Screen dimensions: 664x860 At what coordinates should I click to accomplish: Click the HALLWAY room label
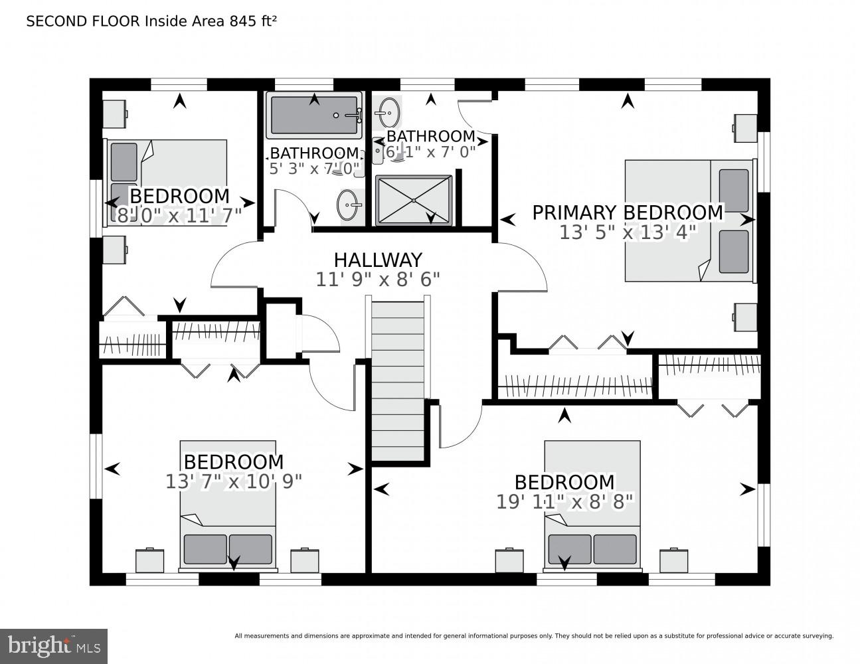(378, 260)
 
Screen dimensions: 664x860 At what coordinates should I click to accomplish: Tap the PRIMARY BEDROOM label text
(627, 212)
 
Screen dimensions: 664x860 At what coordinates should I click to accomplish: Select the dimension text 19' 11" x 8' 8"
(564, 501)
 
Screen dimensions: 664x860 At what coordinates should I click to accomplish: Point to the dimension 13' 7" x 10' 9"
(234, 481)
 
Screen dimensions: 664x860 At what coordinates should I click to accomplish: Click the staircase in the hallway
(397, 378)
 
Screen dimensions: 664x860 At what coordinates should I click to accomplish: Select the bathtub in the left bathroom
(313, 116)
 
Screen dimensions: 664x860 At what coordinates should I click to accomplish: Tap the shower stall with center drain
(413, 200)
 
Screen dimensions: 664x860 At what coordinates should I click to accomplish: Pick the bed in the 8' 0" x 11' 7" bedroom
(168, 181)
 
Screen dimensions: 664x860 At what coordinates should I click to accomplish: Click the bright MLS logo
(53, 645)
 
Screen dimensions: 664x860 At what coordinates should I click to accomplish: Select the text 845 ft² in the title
(252, 21)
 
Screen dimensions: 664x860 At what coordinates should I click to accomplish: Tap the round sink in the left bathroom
(348, 205)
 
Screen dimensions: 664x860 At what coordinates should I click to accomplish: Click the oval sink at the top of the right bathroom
(389, 112)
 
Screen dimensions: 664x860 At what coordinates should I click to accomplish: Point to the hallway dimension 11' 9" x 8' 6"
(378, 280)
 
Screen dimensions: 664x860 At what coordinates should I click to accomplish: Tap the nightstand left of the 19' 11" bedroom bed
(509, 560)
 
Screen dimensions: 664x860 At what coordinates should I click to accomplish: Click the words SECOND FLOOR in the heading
(82, 21)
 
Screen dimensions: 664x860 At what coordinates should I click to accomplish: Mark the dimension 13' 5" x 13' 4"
(628, 232)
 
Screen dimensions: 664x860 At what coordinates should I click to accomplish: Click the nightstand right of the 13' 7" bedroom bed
(305, 560)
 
